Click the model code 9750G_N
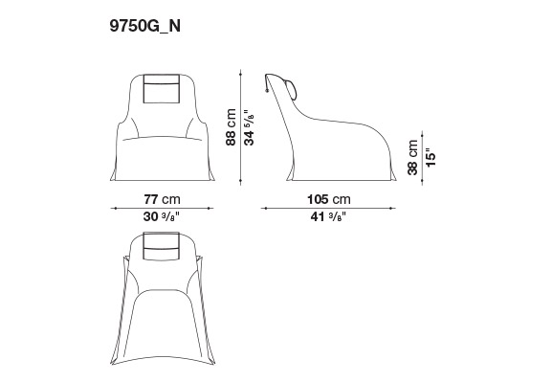pyautogui.click(x=144, y=26)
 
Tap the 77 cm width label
pyautogui.click(x=162, y=199)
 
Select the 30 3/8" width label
pyautogui.click(x=162, y=216)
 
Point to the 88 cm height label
pyautogui.click(x=231, y=127)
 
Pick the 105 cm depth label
pyautogui.click(x=329, y=199)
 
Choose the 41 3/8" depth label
pyautogui.click(x=328, y=216)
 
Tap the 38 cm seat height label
pyautogui.click(x=412, y=157)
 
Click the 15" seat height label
pyautogui.click(x=431, y=159)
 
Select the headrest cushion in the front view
pyautogui.click(x=162, y=88)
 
